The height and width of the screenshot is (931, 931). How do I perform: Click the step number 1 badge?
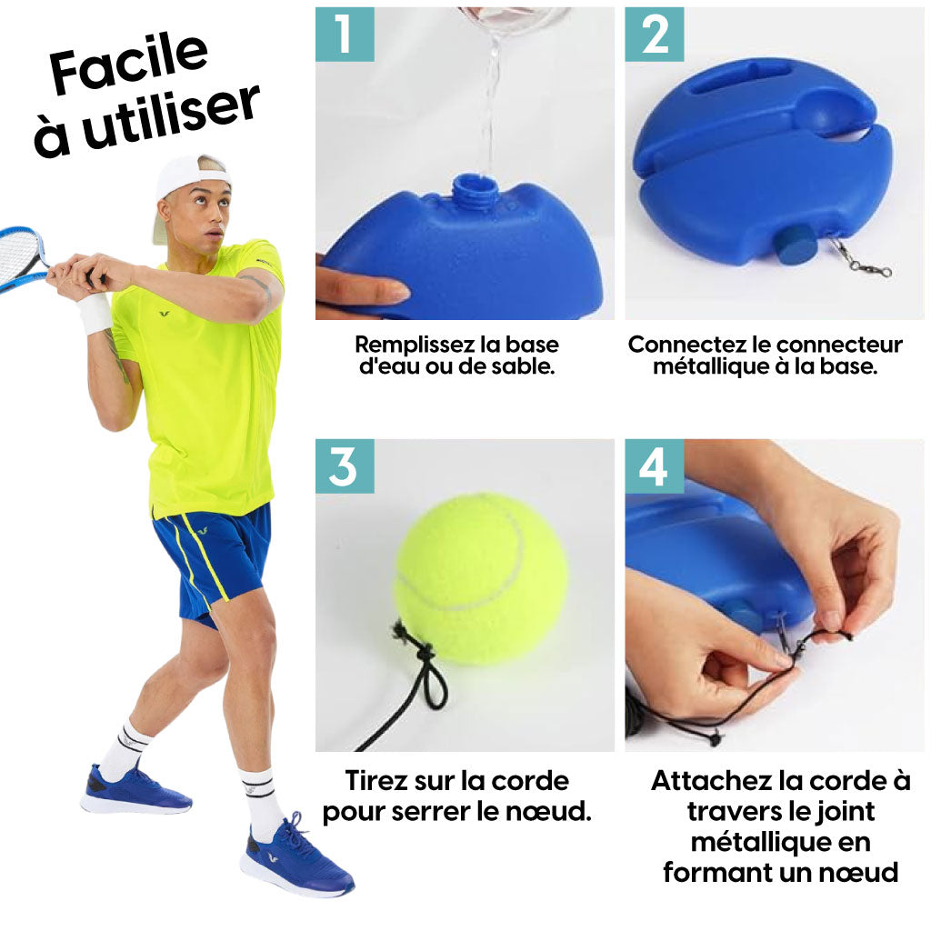[345, 34]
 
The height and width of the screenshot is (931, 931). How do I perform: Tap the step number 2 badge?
[654, 34]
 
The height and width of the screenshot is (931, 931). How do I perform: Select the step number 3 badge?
[345, 466]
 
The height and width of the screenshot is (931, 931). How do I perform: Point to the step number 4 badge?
[654, 466]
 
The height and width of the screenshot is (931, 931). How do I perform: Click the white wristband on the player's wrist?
[95, 312]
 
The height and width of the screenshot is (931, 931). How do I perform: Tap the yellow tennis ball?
[481, 579]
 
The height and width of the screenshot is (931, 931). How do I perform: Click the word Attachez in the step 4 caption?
[702, 780]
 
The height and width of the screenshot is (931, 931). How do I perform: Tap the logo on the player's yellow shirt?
[165, 313]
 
